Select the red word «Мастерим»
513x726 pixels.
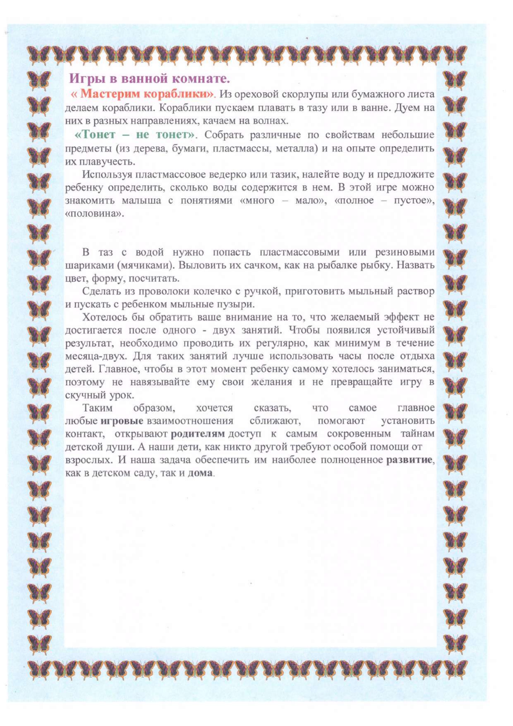(110, 93)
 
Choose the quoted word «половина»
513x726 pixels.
(94, 214)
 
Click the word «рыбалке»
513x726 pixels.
(334, 265)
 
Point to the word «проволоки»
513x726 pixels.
(161, 291)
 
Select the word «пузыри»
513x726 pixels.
(236, 304)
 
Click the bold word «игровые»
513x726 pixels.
(122, 421)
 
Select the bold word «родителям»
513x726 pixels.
(198, 434)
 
